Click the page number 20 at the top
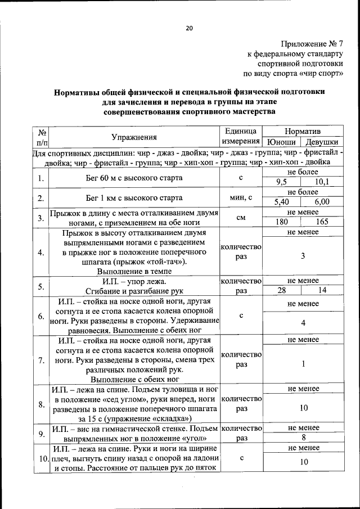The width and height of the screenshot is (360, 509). click(x=188, y=28)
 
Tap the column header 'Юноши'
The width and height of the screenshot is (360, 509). click(x=282, y=142)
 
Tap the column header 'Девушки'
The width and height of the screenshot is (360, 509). click(x=322, y=142)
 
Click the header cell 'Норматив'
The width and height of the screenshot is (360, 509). click(x=303, y=130)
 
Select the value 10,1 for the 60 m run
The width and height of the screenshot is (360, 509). click(x=322, y=181)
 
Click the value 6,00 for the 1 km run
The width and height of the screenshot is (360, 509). click(x=322, y=201)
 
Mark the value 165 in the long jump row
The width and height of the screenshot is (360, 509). click(x=322, y=222)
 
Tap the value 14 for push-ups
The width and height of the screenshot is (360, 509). click(x=322, y=290)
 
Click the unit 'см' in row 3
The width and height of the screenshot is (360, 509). click(x=241, y=217)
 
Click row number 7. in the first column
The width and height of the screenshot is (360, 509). click(x=41, y=361)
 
